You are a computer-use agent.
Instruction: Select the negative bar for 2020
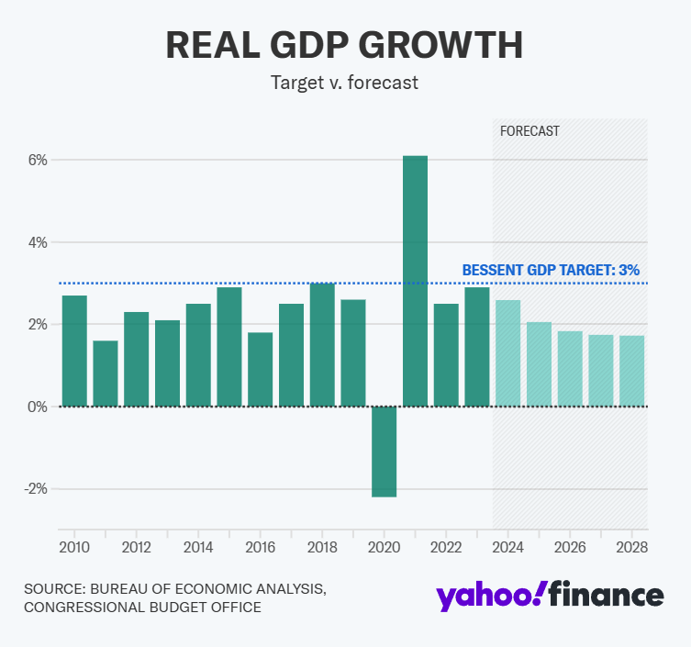tap(384, 452)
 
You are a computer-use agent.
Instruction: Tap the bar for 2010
tap(74, 351)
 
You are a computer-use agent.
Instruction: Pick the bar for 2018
tap(322, 345)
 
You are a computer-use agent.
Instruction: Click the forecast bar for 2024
tap(507, 353)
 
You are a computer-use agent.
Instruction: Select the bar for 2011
tap(106, 374)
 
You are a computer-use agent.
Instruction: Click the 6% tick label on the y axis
tap(37, 160)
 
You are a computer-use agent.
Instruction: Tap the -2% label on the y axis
tap(34, 489)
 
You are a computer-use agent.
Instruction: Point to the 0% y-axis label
tap(37, 407)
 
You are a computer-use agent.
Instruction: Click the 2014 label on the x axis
tap(198, 548)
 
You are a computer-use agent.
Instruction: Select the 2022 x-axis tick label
tap(446, 548)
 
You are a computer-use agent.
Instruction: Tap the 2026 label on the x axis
tap(570, 548)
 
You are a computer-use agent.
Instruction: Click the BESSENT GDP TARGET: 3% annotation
tap(551, 270)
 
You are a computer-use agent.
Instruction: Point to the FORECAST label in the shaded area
tap(529, 131)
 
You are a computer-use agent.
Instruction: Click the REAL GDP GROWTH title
tap(345, 45)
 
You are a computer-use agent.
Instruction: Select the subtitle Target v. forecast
tap(345, 83)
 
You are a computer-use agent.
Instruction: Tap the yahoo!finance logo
tap(550, 596)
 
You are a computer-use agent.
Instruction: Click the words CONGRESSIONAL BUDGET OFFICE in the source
tap(142, 608)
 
